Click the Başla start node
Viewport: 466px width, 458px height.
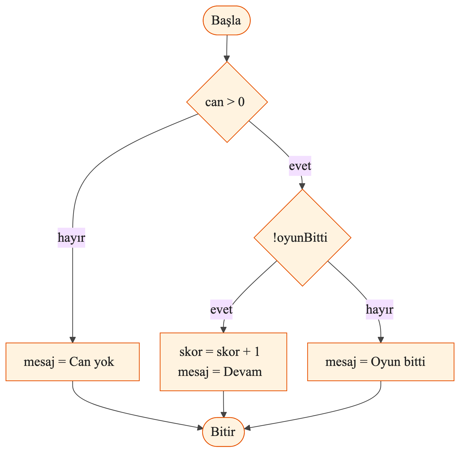coord(226,21)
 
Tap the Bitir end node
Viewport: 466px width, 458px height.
coord(223,432)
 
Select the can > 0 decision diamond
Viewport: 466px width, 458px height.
coord(227,102)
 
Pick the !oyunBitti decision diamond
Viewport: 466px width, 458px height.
coord(302,238)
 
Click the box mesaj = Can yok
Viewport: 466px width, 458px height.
coord(73,362)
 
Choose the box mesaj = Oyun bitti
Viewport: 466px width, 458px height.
coord(381,362)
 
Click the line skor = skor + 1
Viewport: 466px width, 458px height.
coord(220,352)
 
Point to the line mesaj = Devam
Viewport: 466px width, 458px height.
coord(220,372)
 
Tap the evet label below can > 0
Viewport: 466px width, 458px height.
coord(300,166)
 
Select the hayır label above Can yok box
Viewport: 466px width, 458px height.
coord(71,238)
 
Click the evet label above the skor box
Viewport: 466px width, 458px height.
coord(221,310)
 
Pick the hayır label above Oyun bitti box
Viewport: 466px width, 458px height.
coord(380,310)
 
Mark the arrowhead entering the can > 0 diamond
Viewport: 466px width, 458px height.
coord(227,59)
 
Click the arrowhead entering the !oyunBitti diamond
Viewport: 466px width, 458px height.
coord(302,186)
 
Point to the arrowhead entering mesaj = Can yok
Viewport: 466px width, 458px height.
coord(73,340)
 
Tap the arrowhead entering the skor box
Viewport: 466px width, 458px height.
coord(223,330)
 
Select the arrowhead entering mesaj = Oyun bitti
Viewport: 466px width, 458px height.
coord(381,340)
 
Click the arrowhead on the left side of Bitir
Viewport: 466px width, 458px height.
coord(200,428)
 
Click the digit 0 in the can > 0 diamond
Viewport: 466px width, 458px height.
coord(241,102)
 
